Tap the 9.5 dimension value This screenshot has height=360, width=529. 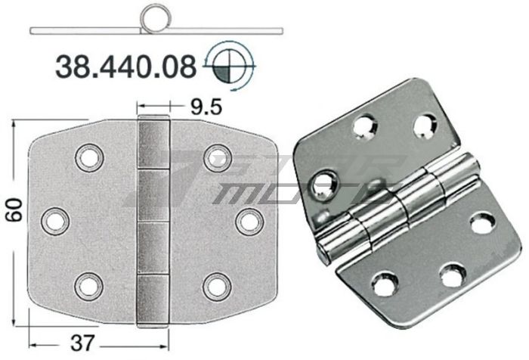click(206, 107)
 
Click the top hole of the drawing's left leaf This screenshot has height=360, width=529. click(88, 157)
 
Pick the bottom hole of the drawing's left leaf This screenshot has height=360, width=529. click(88, 284)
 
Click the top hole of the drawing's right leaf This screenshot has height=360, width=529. click(216, 157)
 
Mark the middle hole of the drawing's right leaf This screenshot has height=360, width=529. click(247, 220)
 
